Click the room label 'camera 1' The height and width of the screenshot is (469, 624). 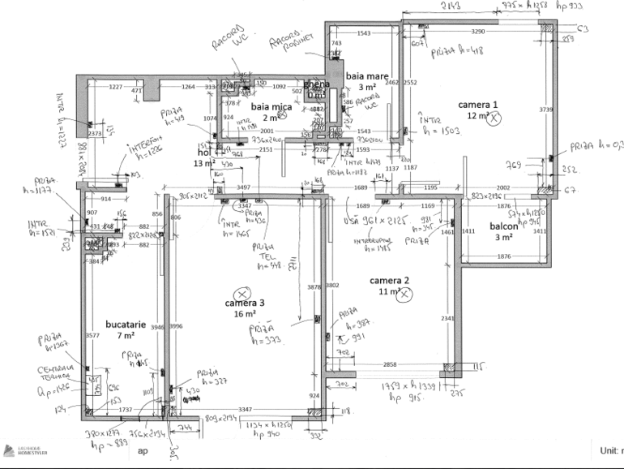tap(477, 105)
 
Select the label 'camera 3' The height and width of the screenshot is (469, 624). tap(245, 303)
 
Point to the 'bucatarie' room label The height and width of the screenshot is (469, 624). tap(125, 323)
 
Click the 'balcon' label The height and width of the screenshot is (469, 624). tap(503, 226)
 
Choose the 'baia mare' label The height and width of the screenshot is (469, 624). tap(361, 75)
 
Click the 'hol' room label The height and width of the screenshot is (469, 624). tap(203, 153)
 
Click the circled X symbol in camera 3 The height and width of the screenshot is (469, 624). tap(241, 293)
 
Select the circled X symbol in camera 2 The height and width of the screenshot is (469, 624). tap(404, 295)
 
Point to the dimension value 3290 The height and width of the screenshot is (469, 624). tap(478, 32)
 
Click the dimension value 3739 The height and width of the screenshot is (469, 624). tap(545, 109)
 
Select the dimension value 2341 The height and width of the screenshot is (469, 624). tap(447, 318)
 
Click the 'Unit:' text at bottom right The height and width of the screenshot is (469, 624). tap(609, 450)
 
